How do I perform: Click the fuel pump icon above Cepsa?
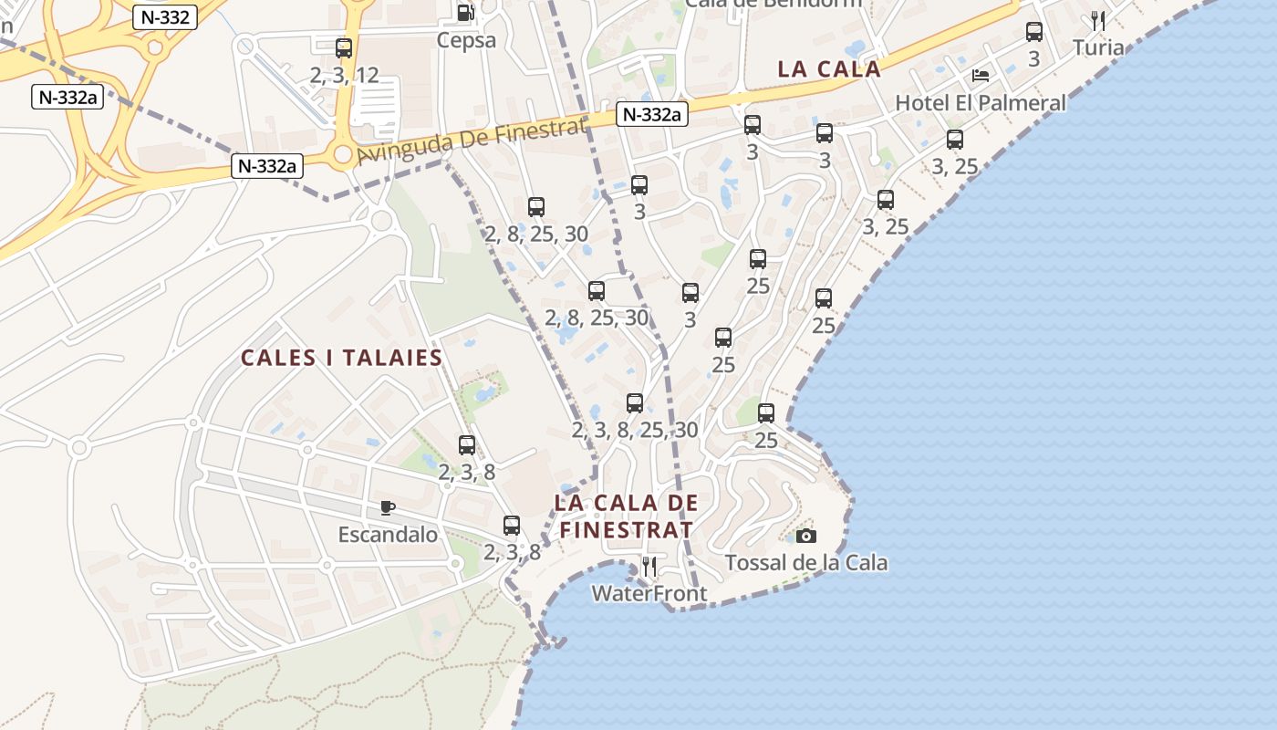(465, 13)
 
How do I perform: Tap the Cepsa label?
(466, 40)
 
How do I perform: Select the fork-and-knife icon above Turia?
(1098, 21)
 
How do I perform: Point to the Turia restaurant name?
(1098, 47)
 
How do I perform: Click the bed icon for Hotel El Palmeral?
(981, 76)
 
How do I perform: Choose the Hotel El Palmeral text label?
(981, 102)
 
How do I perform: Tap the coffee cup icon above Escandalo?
(388, 507)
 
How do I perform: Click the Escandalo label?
(388, 534)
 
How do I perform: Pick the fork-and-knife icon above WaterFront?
(649, 567)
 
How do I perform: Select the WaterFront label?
(649, 594)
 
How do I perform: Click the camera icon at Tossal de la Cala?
(806, 536)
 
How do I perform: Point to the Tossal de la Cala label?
(806, 562)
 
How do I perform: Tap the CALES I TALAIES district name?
(341, 358)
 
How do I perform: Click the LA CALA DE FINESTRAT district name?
(626, 516)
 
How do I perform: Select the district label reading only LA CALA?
(829, 69)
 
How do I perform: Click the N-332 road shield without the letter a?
(164, 16)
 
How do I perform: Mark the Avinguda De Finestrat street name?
(471, 142)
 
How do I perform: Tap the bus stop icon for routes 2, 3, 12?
(344, 48)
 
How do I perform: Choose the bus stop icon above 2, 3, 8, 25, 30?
(635, 402)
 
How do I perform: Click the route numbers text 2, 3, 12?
(344, 75)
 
